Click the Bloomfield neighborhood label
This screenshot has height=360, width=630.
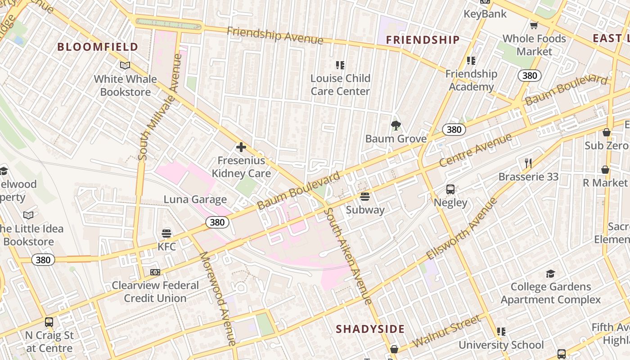pyautogui.click(x=98, y=47)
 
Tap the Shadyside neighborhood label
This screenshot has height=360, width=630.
pyautogui.click(x=370, y=329)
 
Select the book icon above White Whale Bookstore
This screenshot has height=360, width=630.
pyautogui.click(x=125, y=66)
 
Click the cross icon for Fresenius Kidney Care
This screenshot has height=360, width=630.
pyautogui.click(x=241, y=147)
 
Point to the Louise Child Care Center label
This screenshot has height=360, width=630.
pyautogui.click(x=340, y=85)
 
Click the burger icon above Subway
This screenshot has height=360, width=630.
pyautogui.click(x=365, y=197)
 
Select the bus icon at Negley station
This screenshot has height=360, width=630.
pyautogui.click(x=450, y=189)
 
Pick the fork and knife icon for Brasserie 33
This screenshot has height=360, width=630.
pyautogui.click(x=528, y=163)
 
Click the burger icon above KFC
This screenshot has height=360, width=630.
pyautogui.click(x=166, y=233)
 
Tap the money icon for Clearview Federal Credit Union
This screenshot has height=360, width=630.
pyautogui.click(x=155, y=272)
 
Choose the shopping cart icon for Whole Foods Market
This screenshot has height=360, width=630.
pyautogui.click(x=534, y=25)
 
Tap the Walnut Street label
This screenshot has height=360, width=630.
pyautogui.click(x=446, y=331)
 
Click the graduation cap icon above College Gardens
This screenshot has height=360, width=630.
pyautogui.click(x=550, y=274)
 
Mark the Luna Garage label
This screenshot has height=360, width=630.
pyautogui.click(x=195, y=199)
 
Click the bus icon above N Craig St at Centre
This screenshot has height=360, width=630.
pyautogui.click(x=49, y=322)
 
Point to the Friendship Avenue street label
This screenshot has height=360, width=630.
pyautogui.click(x=274, y=36)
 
